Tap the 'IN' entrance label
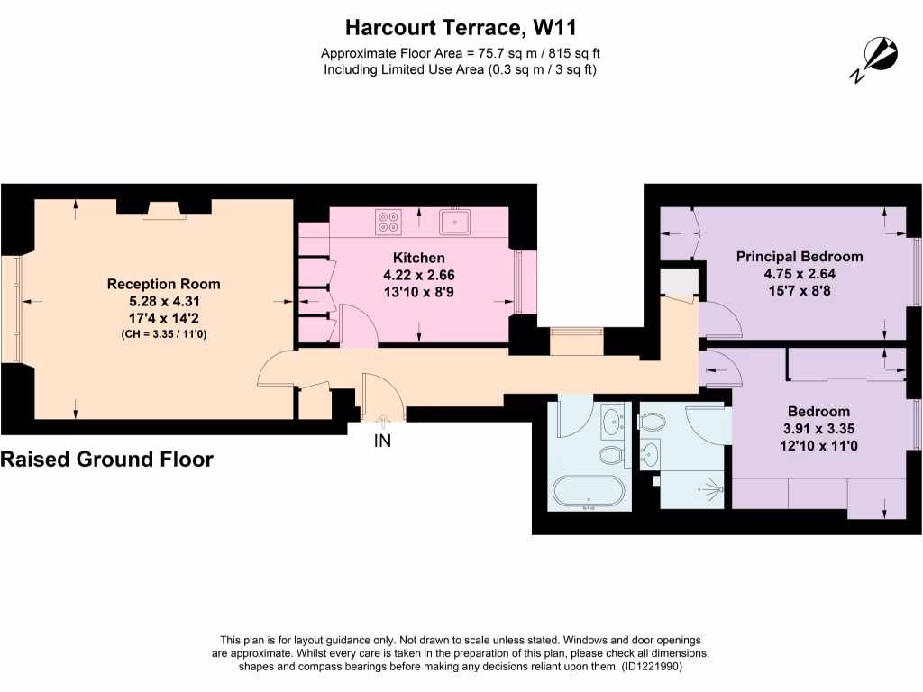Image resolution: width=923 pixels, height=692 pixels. [382, 442]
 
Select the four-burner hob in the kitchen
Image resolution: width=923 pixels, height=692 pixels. [389, 222]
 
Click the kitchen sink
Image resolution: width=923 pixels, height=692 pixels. [455, 221]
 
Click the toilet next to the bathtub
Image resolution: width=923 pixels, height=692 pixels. [611, 454]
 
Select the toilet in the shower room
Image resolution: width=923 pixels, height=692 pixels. [652, 421]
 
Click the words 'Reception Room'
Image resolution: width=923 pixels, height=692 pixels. [163, 284]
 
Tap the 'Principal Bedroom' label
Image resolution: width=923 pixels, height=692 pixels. [799, 256]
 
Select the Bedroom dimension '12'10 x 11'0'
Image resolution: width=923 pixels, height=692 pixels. [818, 445]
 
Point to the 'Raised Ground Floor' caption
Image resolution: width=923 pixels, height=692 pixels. [107, 460]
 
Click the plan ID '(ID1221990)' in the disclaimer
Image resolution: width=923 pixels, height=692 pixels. [657, 667]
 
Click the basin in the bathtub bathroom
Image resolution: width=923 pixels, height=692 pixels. [614, 418]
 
